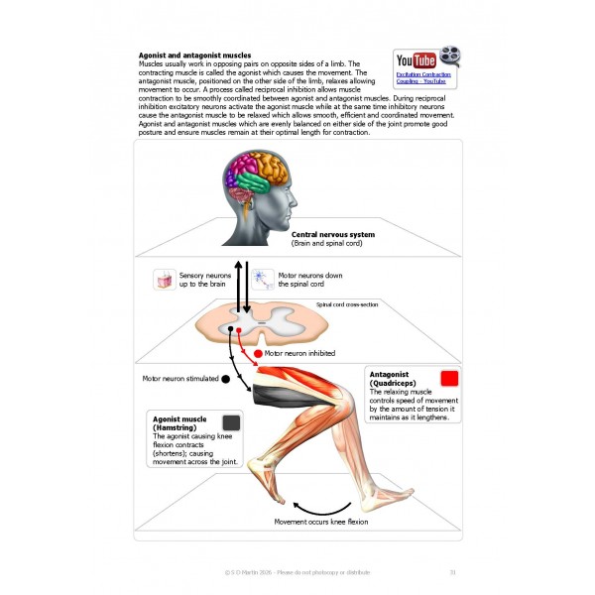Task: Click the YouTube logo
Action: pos(416,59)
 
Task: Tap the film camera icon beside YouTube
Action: pos(450,59)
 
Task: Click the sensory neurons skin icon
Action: pos(165,280)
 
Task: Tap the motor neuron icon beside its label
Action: pos(263,280)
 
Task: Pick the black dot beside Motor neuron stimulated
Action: pos(225,378)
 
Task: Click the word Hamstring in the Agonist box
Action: pos(177,427)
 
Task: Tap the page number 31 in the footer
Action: pos(452,571)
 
